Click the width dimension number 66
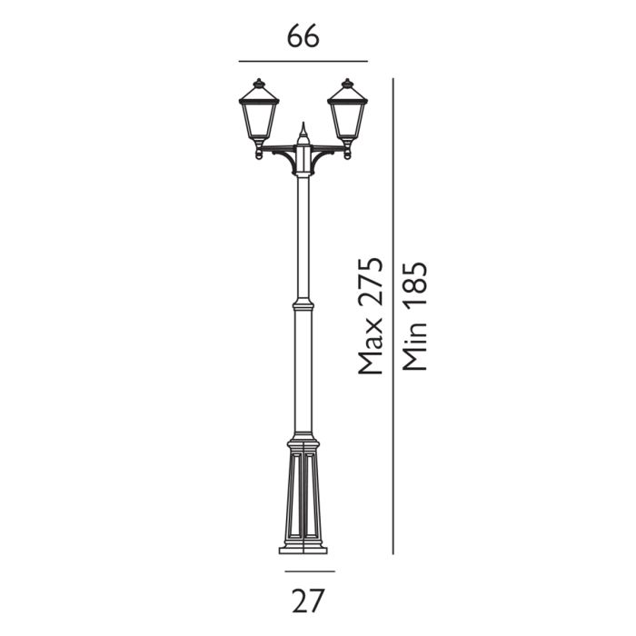click(x=303, y=37)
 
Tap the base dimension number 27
click(x=309, y=599)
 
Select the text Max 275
click(x=369, y=316)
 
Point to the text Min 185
click(x=413, y=316)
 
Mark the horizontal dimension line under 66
click(x=303, y=61)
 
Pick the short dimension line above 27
click(x=309, y=571)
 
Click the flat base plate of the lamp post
click(x=303, y=549)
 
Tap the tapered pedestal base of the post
click(x=303, y=495)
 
